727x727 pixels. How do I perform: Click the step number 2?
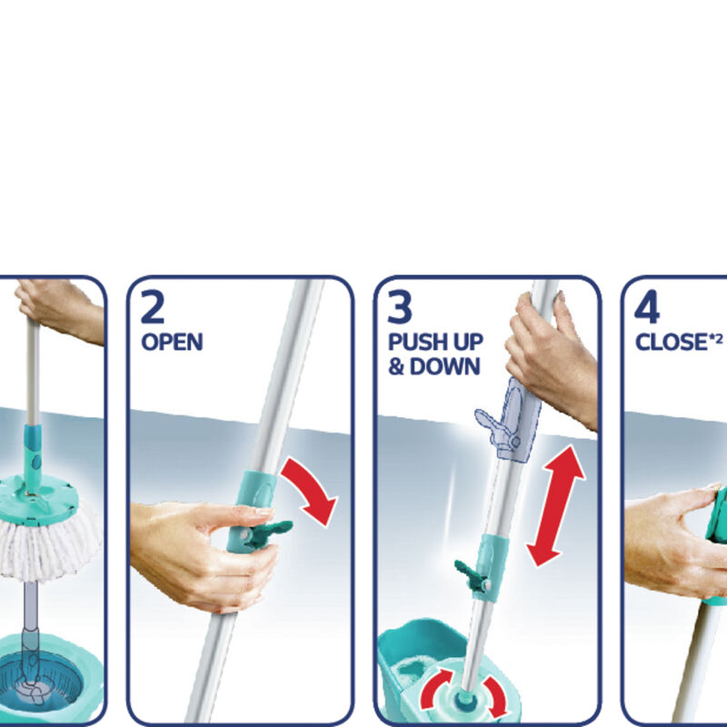pos(154,307)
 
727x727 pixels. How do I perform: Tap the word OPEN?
pos(172,342)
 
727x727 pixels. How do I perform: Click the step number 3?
pos(401,307)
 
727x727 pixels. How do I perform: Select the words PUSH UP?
pos(435,343)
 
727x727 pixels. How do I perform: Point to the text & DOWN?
pos(433,366)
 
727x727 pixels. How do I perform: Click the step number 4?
pos(647,307)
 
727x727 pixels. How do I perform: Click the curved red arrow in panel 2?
pos(310,491)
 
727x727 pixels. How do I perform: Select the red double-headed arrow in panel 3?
pos(554,504)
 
